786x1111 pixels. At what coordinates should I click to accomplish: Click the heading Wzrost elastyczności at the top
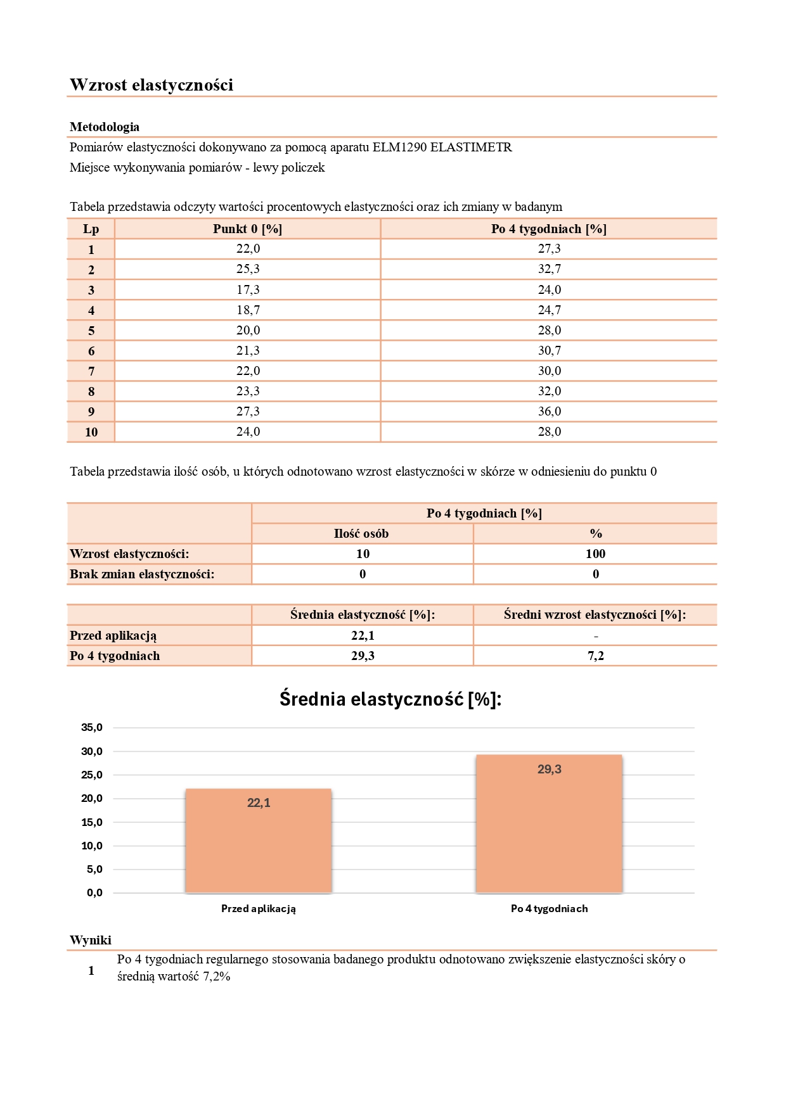(x=151, y=85)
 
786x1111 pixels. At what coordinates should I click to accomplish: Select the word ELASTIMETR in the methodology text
(x=471, y=148)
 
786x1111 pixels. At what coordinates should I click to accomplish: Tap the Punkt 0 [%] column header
(x=247, y=229)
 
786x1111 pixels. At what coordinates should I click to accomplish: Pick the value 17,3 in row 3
(x=248, y=290)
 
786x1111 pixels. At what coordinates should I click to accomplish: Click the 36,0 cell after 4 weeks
(x=550, y=412)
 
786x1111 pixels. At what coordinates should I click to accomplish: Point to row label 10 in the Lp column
(x=91, y=432)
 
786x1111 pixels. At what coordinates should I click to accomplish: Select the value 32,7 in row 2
(x=550, y=269)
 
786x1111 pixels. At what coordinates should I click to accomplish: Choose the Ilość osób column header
(x=361, y=534)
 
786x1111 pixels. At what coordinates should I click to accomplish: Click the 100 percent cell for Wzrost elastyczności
(x=595, y=554)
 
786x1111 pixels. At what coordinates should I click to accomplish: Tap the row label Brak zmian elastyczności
(x=142, y=575)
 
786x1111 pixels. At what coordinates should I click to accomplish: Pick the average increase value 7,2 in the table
(x=595, y=656)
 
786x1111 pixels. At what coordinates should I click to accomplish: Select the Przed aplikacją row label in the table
(x=113, y=636)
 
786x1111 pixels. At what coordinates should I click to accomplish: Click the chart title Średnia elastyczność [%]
(x=390, y=699)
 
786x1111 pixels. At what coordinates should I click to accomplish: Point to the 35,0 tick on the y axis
(x=92, y=728)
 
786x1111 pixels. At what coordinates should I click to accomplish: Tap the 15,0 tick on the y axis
(x=92, y=822)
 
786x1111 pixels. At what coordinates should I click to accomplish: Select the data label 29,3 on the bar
(x=550, y=770)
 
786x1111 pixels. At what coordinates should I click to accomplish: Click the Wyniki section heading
(x=91, y=941)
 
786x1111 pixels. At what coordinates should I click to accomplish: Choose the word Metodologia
(x=105, y=127)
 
